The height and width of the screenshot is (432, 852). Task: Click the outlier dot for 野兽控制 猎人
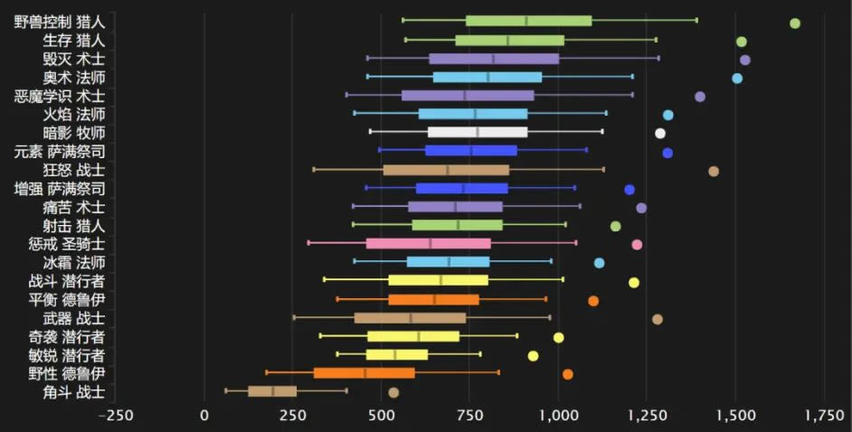point(795,23)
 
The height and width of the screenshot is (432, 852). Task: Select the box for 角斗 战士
point(272,391)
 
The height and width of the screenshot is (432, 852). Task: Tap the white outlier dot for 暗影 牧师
point(660,134)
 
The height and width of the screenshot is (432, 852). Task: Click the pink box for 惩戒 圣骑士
point(428,244)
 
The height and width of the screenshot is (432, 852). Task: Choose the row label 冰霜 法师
point(74,263)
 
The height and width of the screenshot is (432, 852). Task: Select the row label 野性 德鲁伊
point(67,373)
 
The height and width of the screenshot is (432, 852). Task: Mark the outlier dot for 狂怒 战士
point(714,171)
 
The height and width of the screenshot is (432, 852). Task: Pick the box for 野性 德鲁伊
point(364,373)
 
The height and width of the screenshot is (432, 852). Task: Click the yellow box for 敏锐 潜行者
point(396,355)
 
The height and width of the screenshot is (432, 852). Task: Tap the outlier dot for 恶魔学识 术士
point(699,97)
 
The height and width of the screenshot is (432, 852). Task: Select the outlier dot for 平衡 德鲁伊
point(593,300)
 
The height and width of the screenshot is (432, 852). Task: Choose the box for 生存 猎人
point(509,41)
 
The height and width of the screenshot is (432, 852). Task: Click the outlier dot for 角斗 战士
point(393,392)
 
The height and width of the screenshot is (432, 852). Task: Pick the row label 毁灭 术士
point(74,59)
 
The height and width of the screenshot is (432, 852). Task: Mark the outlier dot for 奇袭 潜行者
point(558,337)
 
